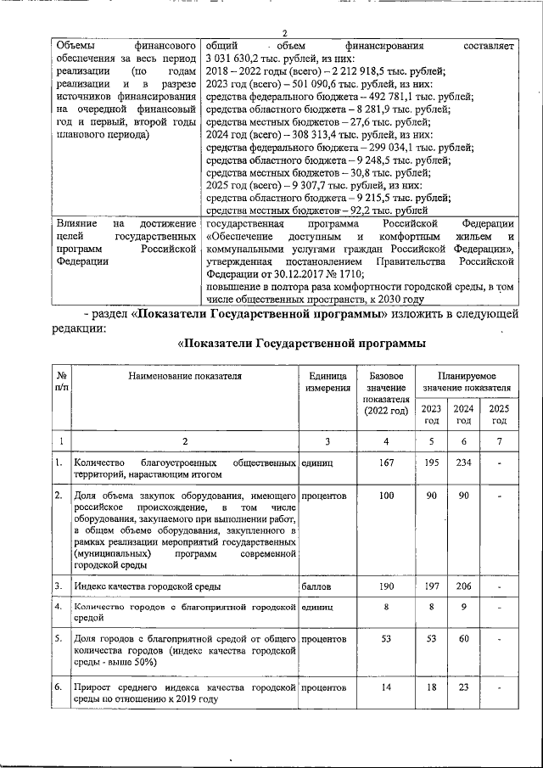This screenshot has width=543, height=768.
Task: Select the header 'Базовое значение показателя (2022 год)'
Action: click(x=386, y=394)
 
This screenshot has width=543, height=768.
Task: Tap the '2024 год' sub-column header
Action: click(x=463, y=413)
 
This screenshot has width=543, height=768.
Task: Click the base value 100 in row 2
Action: click(x=386, y=495)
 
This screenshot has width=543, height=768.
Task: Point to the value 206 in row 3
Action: click(x=463, y=586)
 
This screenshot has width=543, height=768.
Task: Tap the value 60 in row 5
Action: click(x=463, y=637)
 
